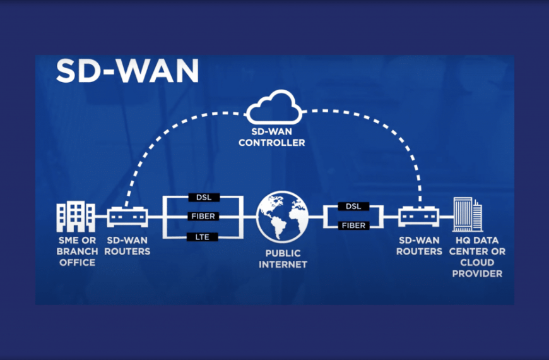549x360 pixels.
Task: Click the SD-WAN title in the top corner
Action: (127, 71)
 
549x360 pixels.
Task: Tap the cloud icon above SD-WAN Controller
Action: (275, 108)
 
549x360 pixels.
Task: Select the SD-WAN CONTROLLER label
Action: (275, 138)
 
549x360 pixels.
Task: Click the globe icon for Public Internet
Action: (282, 217)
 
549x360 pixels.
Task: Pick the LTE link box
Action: (203, 237)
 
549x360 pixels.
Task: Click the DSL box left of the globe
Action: (203, 197)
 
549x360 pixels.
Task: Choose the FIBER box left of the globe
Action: (203, 217)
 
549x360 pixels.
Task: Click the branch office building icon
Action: (76, 217)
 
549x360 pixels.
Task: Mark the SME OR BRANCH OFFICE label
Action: (77, 251)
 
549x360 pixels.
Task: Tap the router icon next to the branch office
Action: (127, 217)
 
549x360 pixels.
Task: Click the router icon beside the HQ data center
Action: (420, 217)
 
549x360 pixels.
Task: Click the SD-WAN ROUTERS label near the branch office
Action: (128, 246)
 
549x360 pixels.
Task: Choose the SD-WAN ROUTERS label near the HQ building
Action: (420, 246)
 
